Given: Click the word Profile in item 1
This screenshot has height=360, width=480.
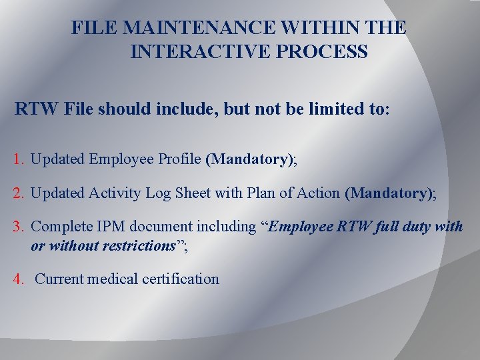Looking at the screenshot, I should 181,159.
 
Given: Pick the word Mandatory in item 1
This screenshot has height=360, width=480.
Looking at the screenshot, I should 249,159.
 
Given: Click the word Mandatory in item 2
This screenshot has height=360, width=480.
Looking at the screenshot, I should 388,193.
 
